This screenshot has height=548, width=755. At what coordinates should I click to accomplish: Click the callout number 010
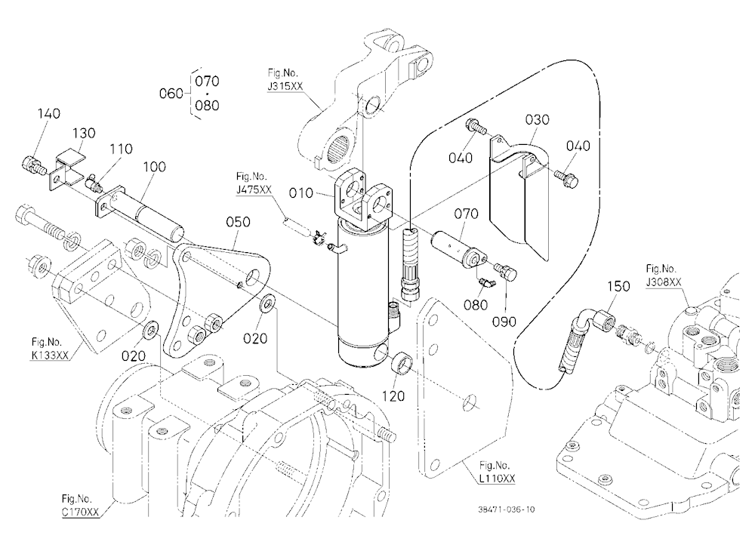[301, 193]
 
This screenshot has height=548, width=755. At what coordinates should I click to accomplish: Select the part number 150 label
[619, 286]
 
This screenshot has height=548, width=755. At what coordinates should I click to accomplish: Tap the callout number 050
[239, 222]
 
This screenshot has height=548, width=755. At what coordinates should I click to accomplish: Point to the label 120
[393, 396]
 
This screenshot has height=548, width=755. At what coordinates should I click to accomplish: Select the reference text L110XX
[498, 478]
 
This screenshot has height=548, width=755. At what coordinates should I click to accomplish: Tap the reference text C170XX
[80, 512]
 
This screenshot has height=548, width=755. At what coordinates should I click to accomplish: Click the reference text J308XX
[664, 282]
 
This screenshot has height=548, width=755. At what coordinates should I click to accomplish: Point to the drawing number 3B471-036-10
[507, 510]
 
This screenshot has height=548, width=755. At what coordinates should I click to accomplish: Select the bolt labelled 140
[33, 165]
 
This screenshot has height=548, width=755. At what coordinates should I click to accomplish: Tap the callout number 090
[504, 322]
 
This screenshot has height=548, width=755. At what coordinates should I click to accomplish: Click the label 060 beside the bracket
[171, 93]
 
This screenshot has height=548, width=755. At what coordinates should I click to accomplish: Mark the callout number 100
[154, 167]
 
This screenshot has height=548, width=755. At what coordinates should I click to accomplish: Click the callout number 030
[537, 119]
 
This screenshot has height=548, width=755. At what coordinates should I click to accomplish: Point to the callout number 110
[120, 149]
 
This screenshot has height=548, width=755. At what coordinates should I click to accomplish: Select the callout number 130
[84, 133]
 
